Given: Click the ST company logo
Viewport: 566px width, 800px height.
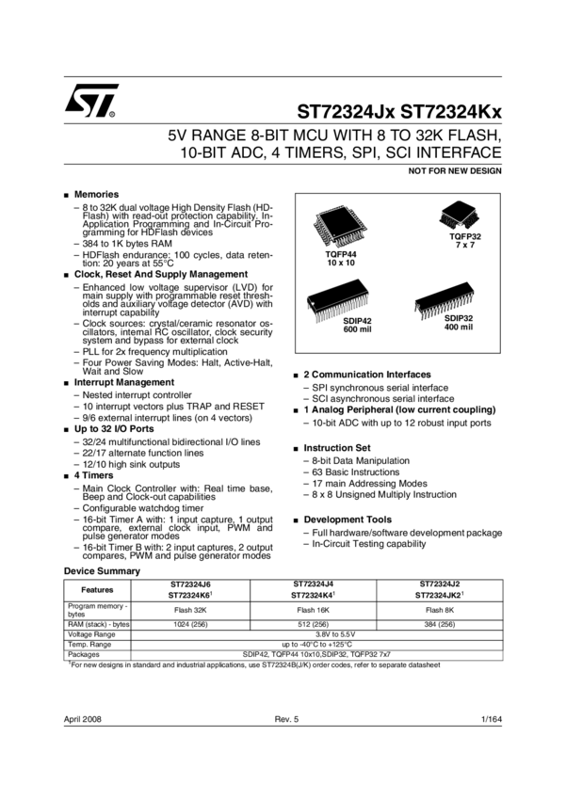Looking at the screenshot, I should point(96,99).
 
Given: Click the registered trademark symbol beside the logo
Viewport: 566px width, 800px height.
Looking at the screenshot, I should point(113,114).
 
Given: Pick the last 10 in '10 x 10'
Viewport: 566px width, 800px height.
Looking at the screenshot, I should point(350,264).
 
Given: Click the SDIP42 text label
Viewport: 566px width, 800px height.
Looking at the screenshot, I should point(357,321).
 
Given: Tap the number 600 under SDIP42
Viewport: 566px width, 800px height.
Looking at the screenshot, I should point(350,330).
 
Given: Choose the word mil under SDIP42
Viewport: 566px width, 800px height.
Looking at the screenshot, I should point(365,330).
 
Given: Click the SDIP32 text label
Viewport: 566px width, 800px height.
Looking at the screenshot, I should point(459,318).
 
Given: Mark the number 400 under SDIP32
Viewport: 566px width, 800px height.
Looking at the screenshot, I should point(451,328).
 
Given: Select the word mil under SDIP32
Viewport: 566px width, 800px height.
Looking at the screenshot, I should point(466,328).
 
